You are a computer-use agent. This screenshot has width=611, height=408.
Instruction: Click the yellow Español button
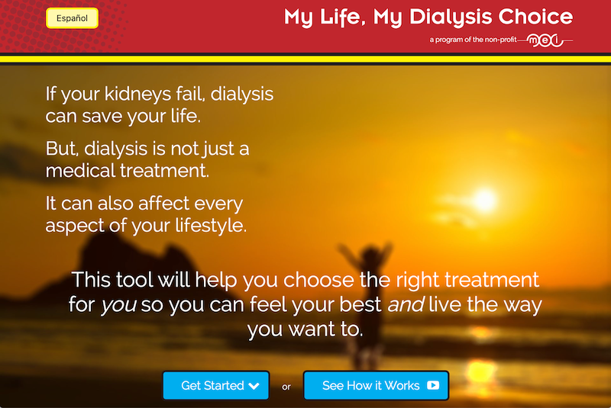coord(72,18)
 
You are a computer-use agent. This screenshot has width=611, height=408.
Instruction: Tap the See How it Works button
coord(376,385)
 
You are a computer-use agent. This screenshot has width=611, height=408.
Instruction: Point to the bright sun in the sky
coord(484,200)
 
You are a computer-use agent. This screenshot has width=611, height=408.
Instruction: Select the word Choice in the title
coord(535,17)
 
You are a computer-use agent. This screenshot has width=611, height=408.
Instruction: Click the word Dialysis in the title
coord(451,18)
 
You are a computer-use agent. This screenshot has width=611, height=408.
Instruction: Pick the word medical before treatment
coord(80,170)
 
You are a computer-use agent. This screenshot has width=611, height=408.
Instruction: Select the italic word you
coord(118,304)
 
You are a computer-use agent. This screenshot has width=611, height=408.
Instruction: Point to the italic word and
coord(406,304)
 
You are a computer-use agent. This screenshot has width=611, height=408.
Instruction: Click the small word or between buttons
coord(286,387)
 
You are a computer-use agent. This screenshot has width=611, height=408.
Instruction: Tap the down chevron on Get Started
coord(254,386)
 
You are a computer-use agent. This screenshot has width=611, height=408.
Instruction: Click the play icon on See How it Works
coord(433,385)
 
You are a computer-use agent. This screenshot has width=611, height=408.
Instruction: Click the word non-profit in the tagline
coord(501,40)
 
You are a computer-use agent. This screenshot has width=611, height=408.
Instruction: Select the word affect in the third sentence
coord(163,203)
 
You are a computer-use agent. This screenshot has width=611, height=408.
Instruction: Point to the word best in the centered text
coord(360,304)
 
